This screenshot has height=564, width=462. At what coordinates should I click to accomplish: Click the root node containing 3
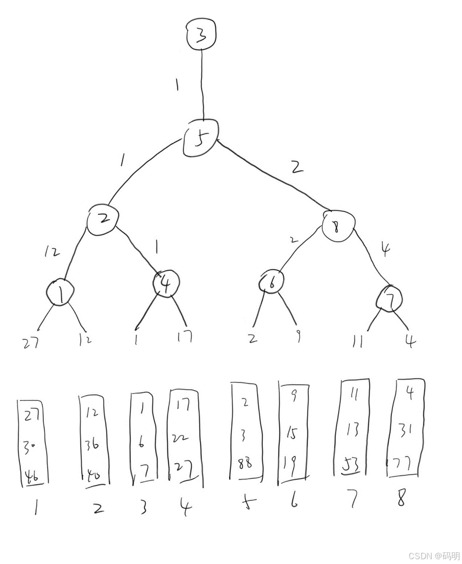pyautogui.click(x=201, y=35)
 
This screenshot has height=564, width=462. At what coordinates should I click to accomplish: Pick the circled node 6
pyautogui.click(x=272, y=282)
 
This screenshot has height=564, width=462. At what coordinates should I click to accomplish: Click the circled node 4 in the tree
pyautogui.click(x=166, y=283)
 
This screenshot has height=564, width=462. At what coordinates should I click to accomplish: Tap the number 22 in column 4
pyautogui.click(x=179, y=438)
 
